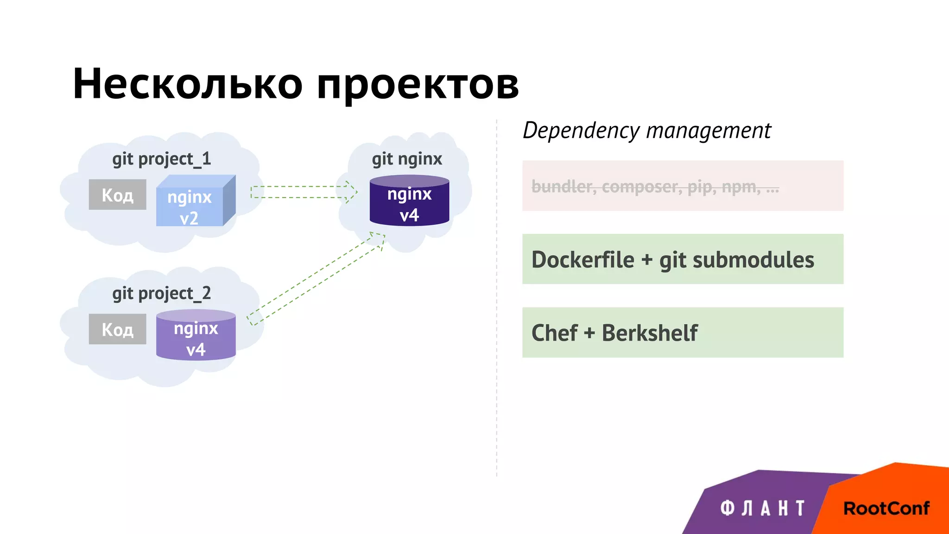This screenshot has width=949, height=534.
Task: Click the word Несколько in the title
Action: pyautogui.click(x=188, y=84)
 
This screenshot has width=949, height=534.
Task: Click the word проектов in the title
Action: pyautogui.click(x=418, y=86)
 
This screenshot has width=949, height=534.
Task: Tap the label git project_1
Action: pyautogui.click(x=161, y=159)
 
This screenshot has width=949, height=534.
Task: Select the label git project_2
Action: pyautogui.click(x=161, y=293)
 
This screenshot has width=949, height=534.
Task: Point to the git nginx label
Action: pyautogui.click(x=407, y=159)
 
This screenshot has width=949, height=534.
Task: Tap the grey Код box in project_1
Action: pyautogui.click(x=118, y=195)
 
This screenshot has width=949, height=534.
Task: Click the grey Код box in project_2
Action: pyautogui.click(x=118, y=329)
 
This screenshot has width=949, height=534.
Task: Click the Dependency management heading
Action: pyautogui.click(x=646, y=130)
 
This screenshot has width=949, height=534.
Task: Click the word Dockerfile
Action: pyautogui.click(x=582, y=260)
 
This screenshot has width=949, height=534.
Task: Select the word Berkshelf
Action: pyautogui.click(x=650, y=333)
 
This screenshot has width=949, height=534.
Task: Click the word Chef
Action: pyautogui.click(x=554, y=333)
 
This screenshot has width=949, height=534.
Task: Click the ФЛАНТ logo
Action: pyautogui.click(x=762, y=508)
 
